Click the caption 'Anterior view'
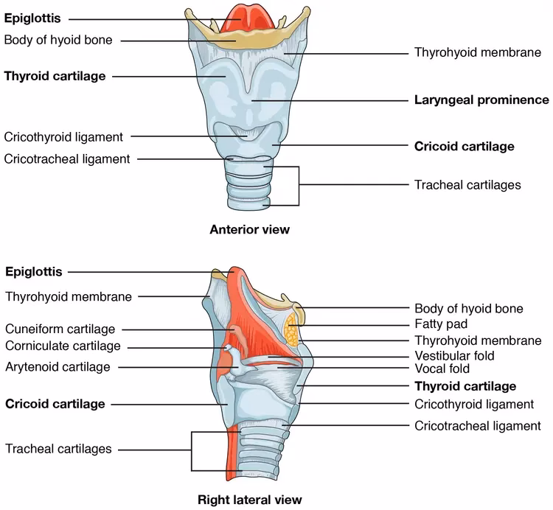250,229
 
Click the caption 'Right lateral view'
249,499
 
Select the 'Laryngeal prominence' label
481,99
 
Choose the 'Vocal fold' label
442,369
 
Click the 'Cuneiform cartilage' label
60,329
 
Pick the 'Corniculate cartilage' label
62,346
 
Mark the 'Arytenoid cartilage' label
58,366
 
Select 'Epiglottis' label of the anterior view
32,18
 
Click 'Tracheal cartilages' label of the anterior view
467,184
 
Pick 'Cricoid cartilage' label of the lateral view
55,403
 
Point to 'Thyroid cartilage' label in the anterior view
55,75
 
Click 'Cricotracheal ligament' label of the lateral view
477,425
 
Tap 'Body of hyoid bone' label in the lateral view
469,308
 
